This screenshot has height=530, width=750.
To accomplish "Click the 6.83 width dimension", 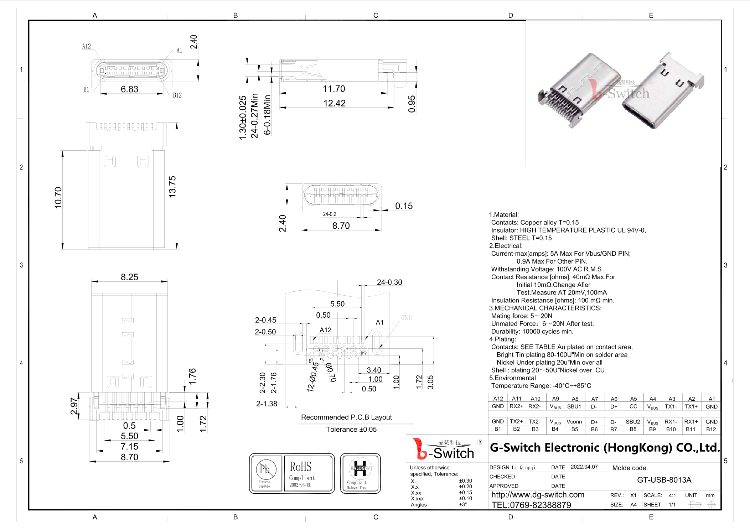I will click(129, 89).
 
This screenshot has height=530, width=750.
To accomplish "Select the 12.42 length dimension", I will click(334, 103).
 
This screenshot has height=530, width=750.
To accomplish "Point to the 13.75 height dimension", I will click(172, 187).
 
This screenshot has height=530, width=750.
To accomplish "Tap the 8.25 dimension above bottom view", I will click(129, 277).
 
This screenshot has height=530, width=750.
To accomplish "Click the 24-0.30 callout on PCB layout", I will click(389, 282).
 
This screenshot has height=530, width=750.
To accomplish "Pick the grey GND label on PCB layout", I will click(407, 318).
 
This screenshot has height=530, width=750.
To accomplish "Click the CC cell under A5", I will click(633, 406).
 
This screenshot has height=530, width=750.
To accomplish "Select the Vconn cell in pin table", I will click(574, 422).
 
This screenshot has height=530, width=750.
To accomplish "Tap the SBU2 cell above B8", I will click(633, 422).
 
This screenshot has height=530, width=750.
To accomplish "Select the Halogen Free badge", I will click(360, 473).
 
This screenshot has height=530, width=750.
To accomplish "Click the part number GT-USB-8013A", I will click(664, 480).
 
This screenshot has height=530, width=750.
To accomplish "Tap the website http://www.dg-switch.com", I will click(538, 495).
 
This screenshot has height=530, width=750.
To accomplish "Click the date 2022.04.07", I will click(584, 467).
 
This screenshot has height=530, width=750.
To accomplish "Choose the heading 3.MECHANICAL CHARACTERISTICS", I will click(545, 308).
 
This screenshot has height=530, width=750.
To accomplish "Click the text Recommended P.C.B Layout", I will click(346, 417).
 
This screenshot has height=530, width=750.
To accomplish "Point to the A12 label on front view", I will click(87, 46).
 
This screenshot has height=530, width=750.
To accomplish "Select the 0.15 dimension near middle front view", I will click(404, 206).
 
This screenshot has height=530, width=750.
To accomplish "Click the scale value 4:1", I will click(672, 495).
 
